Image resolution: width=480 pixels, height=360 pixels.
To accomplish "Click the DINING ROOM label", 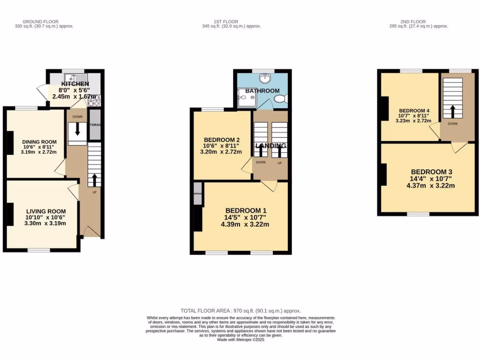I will pyautogui.click(x=39, y=142).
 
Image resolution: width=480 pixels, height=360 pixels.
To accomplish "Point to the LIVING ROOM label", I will pyautogui.click(x=46, y=211).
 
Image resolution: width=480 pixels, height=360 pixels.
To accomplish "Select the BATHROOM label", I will pyautogui.click(x=262, y=91).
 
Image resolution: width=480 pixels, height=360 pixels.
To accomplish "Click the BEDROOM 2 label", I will pyautogui.click(x=222, y=140).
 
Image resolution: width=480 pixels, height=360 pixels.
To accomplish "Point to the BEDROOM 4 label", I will pyautogui.click(x=414, y=111).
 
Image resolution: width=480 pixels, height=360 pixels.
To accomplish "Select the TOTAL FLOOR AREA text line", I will pyautogui.click(x=240, y=311).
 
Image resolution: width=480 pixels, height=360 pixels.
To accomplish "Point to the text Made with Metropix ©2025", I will pyautogui.click(x=241, y=339).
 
